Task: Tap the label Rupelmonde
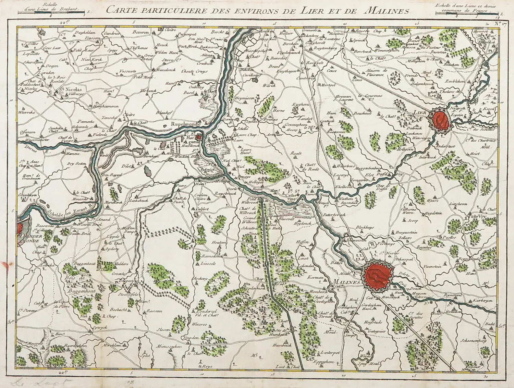(187, 125)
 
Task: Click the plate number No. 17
(500, 24)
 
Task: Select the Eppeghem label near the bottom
(324, 361)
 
